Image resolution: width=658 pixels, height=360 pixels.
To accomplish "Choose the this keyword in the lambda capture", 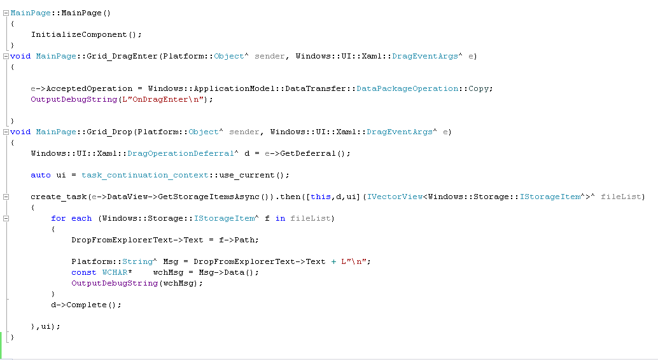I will [321, 197].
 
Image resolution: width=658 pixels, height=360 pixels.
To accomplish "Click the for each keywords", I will [71, 218].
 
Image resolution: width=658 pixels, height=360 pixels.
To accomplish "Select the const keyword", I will [84, 272].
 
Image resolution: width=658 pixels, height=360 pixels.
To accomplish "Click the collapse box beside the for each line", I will [6, 218].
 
